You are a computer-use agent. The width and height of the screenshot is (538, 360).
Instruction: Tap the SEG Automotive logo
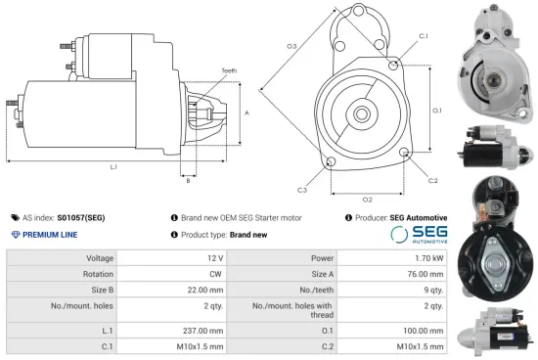coord(420,235)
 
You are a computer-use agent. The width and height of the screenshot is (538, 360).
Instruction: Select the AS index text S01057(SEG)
coord(81,217)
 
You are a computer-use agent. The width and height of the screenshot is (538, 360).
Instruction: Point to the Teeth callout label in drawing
coord(229,70)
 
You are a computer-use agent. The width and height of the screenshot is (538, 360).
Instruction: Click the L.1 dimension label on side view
coord(114,167)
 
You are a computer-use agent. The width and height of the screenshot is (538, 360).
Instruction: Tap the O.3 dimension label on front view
coord(291,46)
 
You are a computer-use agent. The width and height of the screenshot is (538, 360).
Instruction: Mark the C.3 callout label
coord(302,189)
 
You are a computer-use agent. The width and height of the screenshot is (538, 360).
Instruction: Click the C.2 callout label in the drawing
coord(432,180)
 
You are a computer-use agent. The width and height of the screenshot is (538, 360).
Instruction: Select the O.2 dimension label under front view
coord(367,200)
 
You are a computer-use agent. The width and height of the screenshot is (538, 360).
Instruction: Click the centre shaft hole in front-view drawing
coord(361,113)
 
